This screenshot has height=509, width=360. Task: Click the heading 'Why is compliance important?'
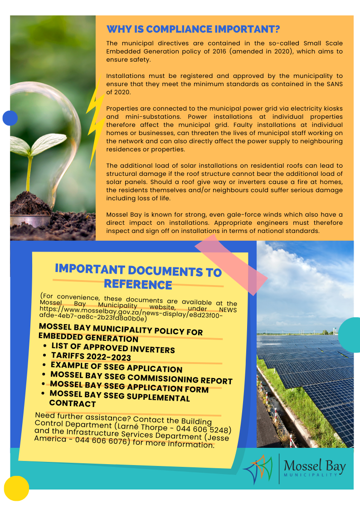point(193,29)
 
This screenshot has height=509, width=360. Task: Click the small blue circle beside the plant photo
point(10,118)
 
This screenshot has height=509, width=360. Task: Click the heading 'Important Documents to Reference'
point(138,276)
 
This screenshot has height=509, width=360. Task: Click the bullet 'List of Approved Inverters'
point(113,348)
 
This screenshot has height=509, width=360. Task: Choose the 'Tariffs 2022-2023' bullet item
point(91,357)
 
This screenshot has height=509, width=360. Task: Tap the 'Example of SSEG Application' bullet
point(117,367)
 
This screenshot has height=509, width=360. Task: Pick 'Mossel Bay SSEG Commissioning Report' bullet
point(141,378)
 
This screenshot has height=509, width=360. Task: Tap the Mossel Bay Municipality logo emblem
point(258,469)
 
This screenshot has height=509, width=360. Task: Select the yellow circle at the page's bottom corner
point(16,488)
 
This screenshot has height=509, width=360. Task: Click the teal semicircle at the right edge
point(350,334)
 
